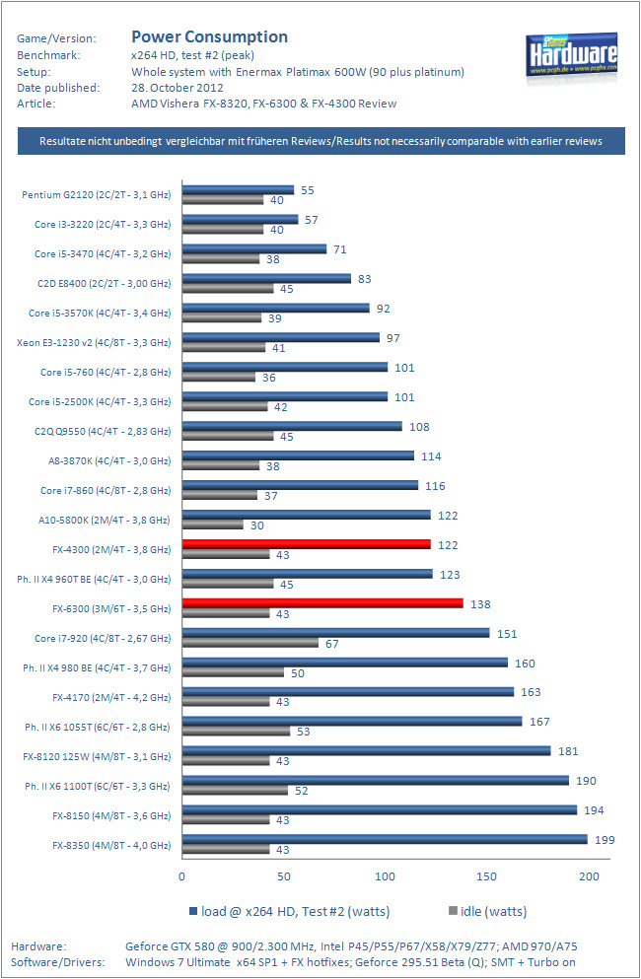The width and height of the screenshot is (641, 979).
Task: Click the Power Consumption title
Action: click(x=209, y=36)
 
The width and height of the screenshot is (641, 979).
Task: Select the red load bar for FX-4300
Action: click(x=306, y=544)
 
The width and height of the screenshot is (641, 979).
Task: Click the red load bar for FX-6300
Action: click(x=321, y=603)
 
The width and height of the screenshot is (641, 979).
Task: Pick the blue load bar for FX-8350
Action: click(x=384, y=840)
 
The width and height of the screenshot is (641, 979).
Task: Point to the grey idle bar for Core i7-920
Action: click(x=249, y=643)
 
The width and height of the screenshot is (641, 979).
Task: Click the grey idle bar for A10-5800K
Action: click(x=212, y=524)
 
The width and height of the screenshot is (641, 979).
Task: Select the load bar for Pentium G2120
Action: click(x=238, y=189)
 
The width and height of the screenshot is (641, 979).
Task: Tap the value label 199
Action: click(x=605, y=840)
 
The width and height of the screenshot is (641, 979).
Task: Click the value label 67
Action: click(x=333, y=644)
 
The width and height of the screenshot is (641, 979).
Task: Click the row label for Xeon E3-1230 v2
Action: click(x=94, y=343)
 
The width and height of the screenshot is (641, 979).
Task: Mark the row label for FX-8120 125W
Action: click(x=97, y=757)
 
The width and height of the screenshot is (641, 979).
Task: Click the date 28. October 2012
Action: click(x=177, y=87)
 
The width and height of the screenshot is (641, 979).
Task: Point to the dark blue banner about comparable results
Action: click(x=320, y=141)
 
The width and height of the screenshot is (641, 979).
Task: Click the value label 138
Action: click(x=480, y=603)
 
